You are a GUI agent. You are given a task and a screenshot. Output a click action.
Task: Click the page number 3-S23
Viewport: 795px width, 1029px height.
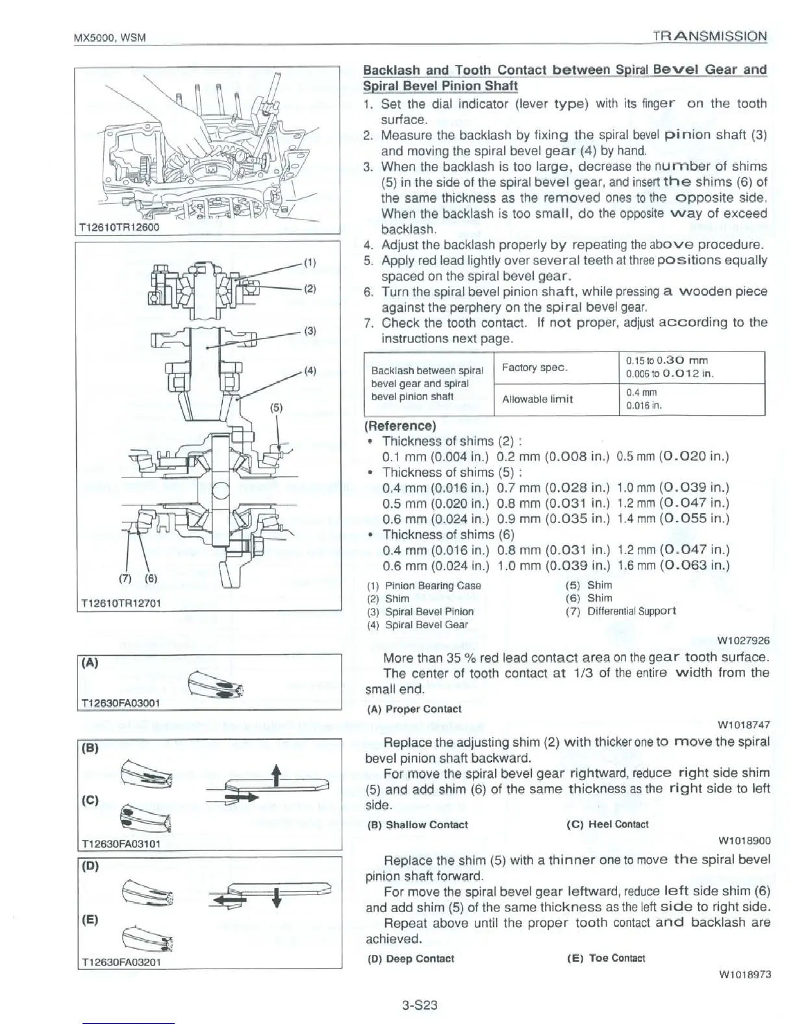(420, 1006)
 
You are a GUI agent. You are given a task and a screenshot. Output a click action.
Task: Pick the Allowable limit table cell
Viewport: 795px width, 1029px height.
(537, 399)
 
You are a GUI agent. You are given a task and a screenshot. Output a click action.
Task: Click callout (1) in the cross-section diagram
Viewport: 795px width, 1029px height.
(309, 263)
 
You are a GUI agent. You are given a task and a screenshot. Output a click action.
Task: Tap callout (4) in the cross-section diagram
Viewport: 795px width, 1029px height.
(309, 371)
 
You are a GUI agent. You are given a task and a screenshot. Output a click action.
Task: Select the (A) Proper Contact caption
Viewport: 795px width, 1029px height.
(414, 709)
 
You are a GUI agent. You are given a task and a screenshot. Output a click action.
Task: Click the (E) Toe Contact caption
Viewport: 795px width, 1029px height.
(606, 958)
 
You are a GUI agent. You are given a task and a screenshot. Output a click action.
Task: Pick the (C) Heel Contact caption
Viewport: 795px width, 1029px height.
(607, 824)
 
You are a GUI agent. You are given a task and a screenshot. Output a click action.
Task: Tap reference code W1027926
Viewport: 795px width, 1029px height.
(743, 641)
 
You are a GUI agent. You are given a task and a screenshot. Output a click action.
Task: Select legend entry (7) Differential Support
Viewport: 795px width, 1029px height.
(621, 611)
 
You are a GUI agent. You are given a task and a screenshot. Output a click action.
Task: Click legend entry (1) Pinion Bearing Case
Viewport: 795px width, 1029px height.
(424, 585)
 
